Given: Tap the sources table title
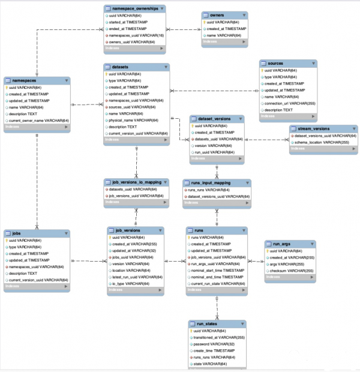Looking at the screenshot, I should pyautogui.click(x=275, y=63).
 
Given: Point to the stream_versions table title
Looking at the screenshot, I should pyautogui.click(x=312, y=128).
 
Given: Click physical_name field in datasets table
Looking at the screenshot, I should pyautogui.click(x=130, y=120).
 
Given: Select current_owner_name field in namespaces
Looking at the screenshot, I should pyautogui.click(x=38, y=121).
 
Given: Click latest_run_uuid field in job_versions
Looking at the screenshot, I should pyautogui.click(x=135, y=277).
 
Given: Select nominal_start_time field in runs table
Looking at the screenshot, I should pyautogui.click(x=217, y=271).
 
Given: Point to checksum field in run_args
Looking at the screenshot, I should pyautogui.click(x=290, y=271).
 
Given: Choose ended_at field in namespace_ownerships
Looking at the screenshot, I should pyautogui.click(x=128, y=29).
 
